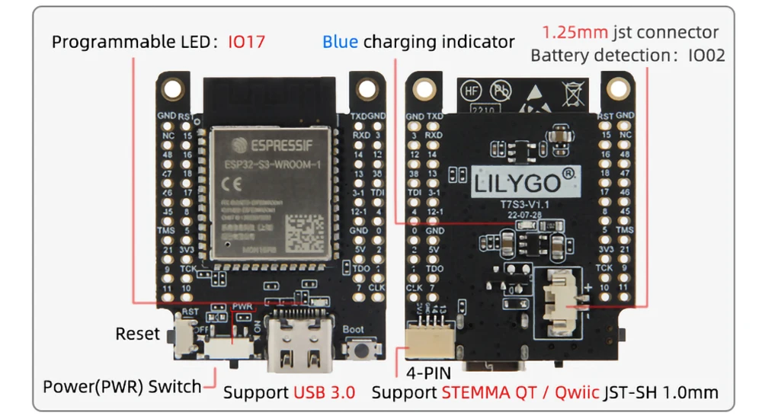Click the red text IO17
click(x=246, y=41)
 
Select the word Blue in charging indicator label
click(x=340, y=41)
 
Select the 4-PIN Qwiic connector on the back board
click(x=431, y=337)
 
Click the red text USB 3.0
click(x=324, y=393)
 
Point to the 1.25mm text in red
click(x=575, y=33)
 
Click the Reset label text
click(x=138, y=334)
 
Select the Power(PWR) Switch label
click(x=122, y=386)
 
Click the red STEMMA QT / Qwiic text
click(x=520, y=393)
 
